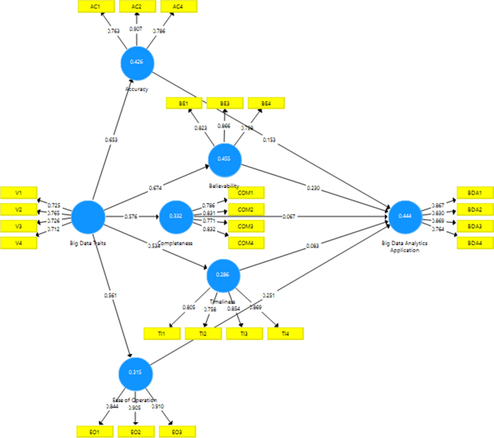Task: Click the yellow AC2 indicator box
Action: coord(136,6)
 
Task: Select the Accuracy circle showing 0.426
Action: coord(136,62)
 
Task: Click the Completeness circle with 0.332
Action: coord(175,216)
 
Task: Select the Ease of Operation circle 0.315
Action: coord(136,372)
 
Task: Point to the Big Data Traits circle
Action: coord(88,216)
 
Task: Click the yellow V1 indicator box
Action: coord(19,192)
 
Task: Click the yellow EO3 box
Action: coord(177,431)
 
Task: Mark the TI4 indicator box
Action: coord(285,334)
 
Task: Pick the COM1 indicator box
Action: coord(246,192)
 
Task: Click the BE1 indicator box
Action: coord(185,104)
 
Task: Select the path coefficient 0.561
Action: coord(110,295)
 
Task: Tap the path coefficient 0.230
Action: coord(312,189)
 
